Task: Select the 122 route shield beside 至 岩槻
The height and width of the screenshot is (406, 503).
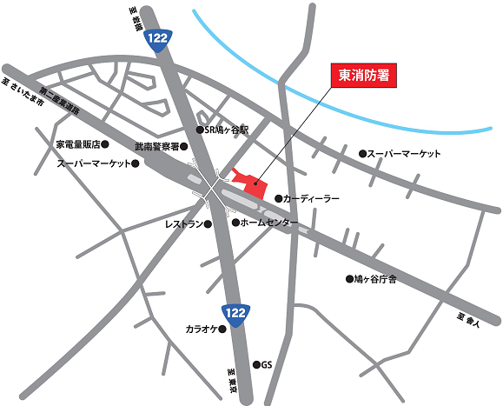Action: point(158,39)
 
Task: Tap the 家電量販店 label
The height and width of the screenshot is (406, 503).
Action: point(80,144)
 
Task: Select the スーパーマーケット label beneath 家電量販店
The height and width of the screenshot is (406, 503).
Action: point(93,163)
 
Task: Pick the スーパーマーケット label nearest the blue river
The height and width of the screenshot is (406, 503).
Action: point(404,154)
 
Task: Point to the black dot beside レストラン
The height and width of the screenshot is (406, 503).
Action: point(208,223)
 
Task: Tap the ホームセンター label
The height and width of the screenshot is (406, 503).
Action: point(269,223)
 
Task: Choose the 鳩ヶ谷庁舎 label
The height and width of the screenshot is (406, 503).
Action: point(375,279)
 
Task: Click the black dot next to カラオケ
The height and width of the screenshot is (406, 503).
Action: point(222,330)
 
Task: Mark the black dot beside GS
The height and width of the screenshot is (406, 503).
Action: point(255,364)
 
